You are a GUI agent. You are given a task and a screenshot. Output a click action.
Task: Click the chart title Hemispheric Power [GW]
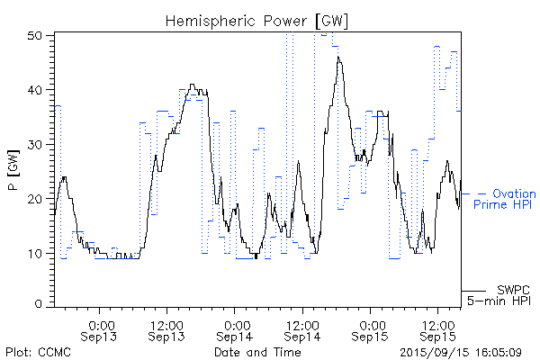[x=257, y=20]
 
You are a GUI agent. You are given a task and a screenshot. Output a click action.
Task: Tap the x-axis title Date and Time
[x=257, y=352]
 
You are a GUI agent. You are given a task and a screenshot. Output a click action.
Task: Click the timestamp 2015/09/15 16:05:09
[x=460, y=352]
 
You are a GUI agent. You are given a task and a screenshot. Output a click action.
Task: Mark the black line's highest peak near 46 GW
[x=338, y=58]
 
